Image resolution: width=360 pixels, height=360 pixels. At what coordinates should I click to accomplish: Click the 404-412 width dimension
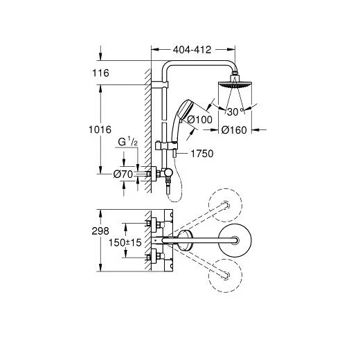[192, 50]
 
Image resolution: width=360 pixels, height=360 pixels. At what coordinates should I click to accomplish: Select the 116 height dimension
[100, 73]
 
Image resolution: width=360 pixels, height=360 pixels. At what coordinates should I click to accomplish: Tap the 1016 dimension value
[100, 129]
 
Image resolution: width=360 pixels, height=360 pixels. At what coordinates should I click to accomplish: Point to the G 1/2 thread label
[127, 142]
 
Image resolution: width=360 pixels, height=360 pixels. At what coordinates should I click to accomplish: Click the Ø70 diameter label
[123, 174]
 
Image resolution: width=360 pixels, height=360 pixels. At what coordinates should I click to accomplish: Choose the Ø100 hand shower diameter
[200, 120]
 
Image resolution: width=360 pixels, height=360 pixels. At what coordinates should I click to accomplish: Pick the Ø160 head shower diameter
[234, 130]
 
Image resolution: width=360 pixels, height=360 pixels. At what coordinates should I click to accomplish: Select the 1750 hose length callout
[202, 154]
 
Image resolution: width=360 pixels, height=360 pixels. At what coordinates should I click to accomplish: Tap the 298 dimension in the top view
[100, 231]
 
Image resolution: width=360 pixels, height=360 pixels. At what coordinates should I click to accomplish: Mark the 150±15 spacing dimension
[125, 242]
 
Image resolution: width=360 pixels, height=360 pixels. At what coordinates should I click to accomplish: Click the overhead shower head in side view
[235, 84]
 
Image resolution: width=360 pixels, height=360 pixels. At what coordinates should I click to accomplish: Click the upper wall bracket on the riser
[160, 84]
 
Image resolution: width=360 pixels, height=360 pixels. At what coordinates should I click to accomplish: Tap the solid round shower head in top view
[235, 240]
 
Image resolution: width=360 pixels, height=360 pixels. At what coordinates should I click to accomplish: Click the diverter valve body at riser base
[167, 172]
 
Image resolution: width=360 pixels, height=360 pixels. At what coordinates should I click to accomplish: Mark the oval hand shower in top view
[186, 240]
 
